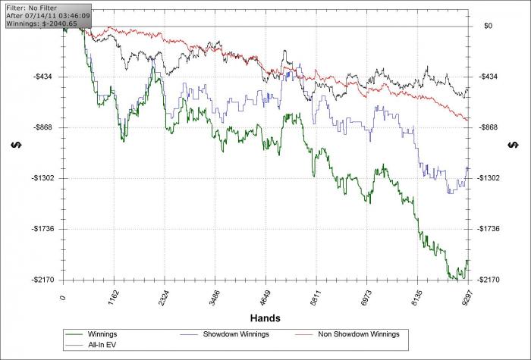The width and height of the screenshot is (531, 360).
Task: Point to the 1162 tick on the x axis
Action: (x=112, y=296)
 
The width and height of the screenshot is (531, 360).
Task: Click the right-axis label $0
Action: (x=489, y=26)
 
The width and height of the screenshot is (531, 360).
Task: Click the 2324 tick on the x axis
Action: (x=164, y=296)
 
